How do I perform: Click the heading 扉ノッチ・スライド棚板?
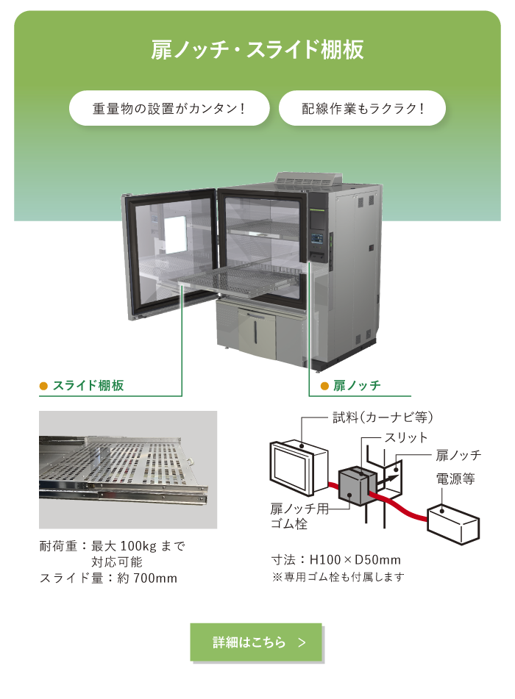257,49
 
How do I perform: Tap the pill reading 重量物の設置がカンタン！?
169,108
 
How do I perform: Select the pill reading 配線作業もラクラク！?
362,108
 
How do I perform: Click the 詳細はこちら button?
256,642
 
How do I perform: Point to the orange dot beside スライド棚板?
43,386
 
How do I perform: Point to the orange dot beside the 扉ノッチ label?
325,386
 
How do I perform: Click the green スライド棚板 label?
88,386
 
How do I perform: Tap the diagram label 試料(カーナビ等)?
383,417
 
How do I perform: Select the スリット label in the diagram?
406,437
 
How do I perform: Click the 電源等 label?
455,478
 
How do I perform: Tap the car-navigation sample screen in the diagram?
298,467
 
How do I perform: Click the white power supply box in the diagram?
453,524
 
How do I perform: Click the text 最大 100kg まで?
138,545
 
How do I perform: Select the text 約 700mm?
147,578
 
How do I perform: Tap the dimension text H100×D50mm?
355,559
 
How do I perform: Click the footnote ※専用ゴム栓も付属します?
338,577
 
